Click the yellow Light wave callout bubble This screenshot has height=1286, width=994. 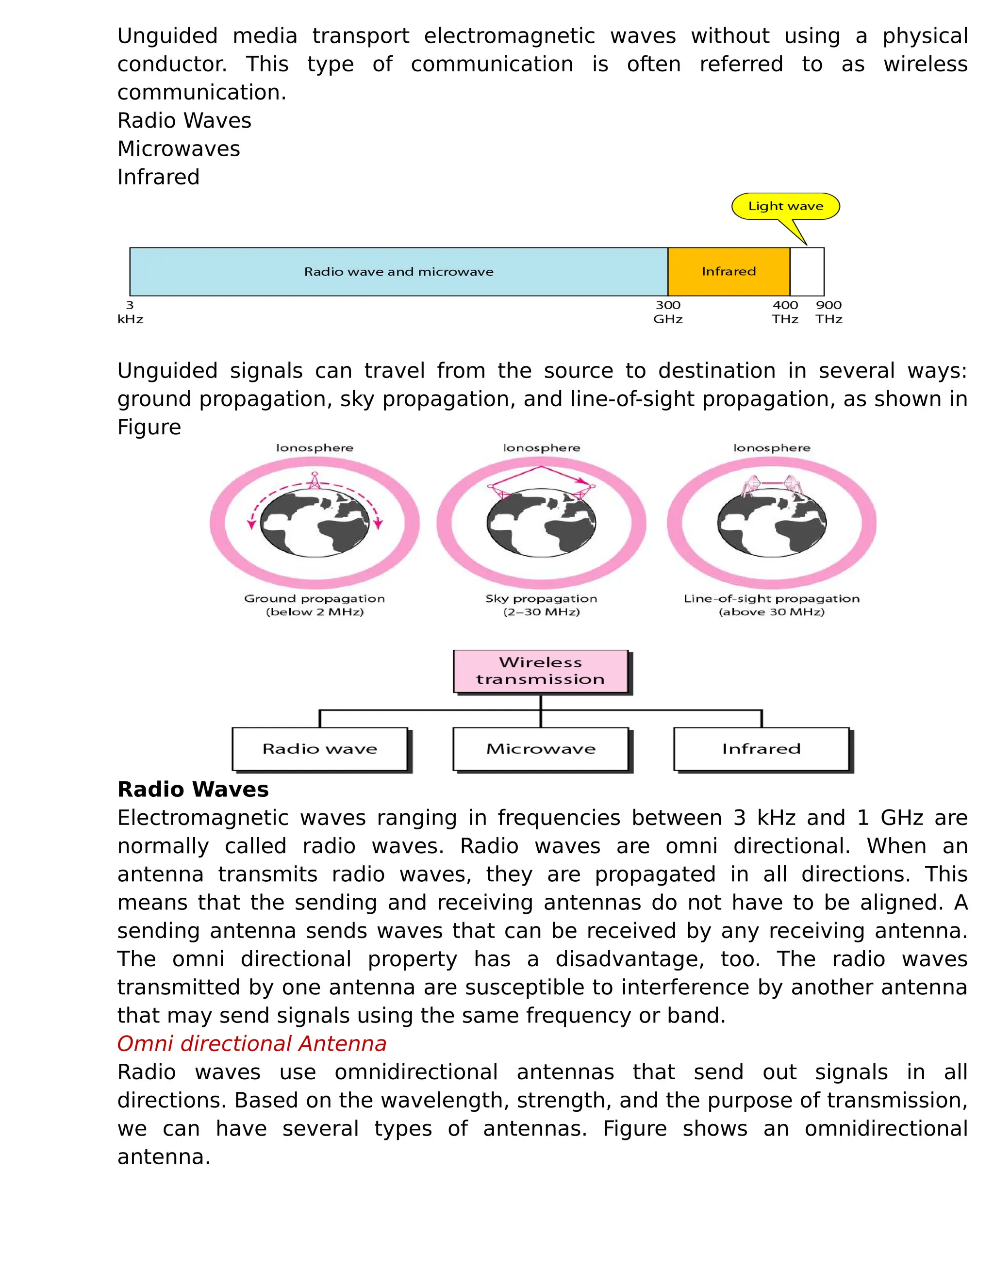pyautogui.click(x=785, y=206)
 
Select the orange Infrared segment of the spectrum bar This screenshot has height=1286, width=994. pyautogui.click(x=729, y=271)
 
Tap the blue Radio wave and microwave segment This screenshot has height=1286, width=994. pyautogui.click(x=398, y=271)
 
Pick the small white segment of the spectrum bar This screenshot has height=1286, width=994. pyautogui.click(x=807, y=271)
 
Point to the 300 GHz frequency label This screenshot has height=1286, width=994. pyautogui.click(x=668, y=312)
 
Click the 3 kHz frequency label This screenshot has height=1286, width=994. pyautogui.click(x=130, y=312)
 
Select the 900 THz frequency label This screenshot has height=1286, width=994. pyautogui.click(x=828, y=312)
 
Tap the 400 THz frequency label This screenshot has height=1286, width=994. pyautogui.click(x=785, y=312)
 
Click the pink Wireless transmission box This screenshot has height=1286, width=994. pyautogui.click(x=541, y=671)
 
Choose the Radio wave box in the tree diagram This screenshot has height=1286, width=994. pyautogui.click(x=320, y=748)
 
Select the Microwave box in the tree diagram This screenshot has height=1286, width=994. pyautogui.click(x=541, y=748)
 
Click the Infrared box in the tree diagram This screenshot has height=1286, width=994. pyautogui.click(x=762, y=748)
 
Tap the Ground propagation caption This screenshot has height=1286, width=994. pyautogui.click(x=315, y=605)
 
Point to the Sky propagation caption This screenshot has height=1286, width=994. pyautogui.click(x=541, y=605)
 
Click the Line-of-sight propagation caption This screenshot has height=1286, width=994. pyautogui.click(x=771, y=605)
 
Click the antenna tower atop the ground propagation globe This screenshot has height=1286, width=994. pyautogui.click(x=315, y=481)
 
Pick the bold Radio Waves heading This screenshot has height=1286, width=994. pyautogui.click(x=193, y=789)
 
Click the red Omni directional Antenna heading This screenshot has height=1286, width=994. pyautogui.click(x=252, y=1043)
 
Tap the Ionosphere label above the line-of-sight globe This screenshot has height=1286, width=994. pyautogui.click(x=771, y=448)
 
